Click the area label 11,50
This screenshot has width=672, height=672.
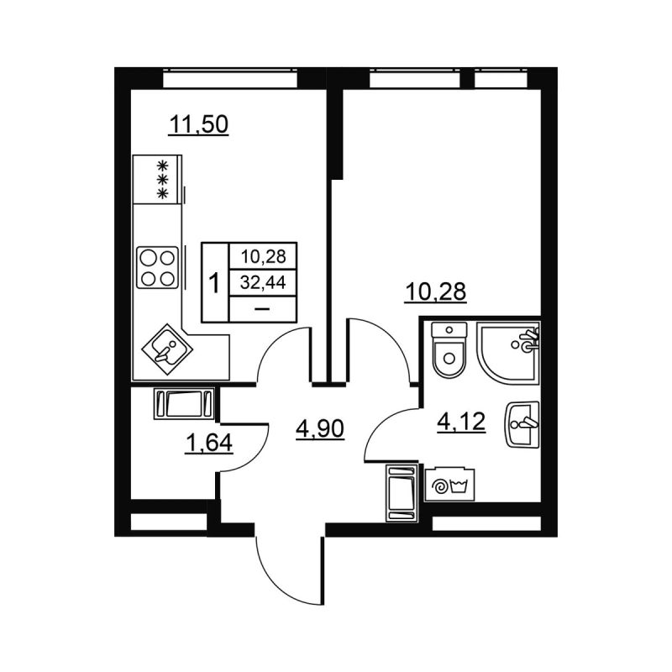point(199,125)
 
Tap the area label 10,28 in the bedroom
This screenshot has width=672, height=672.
point(436,291)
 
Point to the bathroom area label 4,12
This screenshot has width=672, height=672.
point(462,422)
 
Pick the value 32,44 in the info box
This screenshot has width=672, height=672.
point(262,282)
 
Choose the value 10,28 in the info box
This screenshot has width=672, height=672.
point(262,256)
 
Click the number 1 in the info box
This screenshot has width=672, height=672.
point(214,282)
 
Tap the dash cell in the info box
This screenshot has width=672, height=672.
point(261,308)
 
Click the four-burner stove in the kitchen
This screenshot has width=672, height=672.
point(158,267)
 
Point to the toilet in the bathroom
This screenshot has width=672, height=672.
point(449,351)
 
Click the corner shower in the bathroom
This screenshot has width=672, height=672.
point(509,351)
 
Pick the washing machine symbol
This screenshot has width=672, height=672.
point(448,485)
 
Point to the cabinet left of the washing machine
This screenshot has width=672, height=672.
point(401,492)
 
